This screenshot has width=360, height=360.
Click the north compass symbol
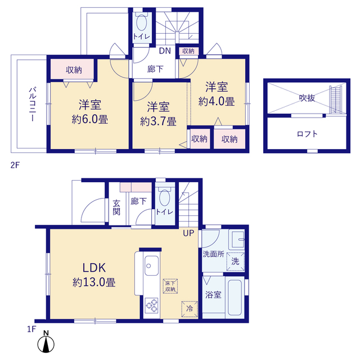46,342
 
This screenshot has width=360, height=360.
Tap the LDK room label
94,268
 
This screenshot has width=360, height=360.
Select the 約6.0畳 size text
90,119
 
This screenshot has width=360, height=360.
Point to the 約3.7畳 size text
158,121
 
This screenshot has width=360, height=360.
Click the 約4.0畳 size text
217,101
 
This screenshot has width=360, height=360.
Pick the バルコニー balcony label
32,103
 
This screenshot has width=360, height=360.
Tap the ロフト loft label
307,134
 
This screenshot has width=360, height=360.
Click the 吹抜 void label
307,98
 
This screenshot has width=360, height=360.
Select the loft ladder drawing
336,100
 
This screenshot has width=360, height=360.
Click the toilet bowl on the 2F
142,22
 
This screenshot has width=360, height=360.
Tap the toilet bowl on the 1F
165,197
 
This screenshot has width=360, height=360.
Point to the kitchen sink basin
151,265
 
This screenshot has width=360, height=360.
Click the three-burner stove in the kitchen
152,305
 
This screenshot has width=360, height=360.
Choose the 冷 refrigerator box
190,309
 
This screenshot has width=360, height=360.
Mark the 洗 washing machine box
235,262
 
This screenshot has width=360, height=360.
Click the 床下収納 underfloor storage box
170,286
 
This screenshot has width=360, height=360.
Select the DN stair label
165,51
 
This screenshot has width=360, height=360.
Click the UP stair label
188,233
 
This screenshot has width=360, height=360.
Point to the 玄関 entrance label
116,208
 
